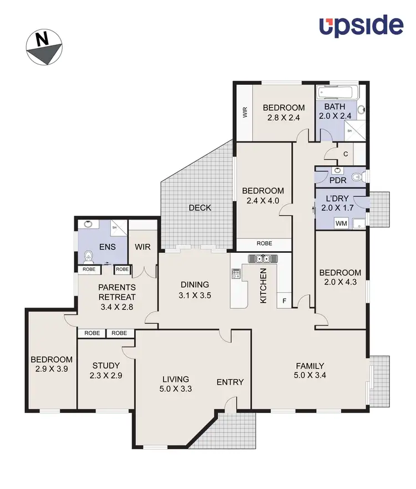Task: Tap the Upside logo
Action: click(x=361, y=26)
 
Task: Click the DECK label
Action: click(x=200, y=208)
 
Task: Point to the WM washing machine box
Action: click(x=342, y=223)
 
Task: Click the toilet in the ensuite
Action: click(x=88, y=257)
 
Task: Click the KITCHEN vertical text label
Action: click(x=264, y=285)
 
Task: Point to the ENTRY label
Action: click(x=230, y=382)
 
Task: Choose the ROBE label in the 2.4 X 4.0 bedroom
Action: click(x=264, y=243)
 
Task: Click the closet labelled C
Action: click(x=345, y=154)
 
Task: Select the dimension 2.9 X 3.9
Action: click(x=52, y=369)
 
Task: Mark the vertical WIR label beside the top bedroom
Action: click(x=243, y=113)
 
